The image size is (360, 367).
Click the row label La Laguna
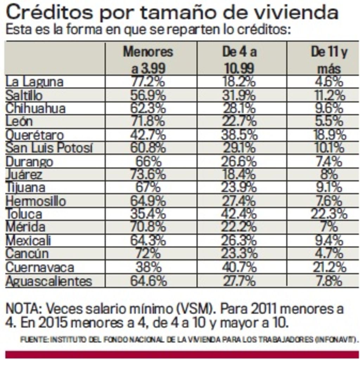pos(34,82)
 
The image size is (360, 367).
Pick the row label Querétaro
pos(35,135)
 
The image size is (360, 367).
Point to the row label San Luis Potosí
pos(49,148)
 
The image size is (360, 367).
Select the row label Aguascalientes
pos(49,281)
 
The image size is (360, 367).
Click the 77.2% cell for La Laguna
pos(148,82)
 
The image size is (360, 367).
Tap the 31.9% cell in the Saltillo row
pos(239,95)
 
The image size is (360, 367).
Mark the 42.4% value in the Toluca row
pos(239,214)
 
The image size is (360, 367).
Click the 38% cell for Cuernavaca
pos(148,267)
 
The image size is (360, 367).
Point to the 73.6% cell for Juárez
pos(148,175)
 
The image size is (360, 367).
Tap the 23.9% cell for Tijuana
pos(239,188)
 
